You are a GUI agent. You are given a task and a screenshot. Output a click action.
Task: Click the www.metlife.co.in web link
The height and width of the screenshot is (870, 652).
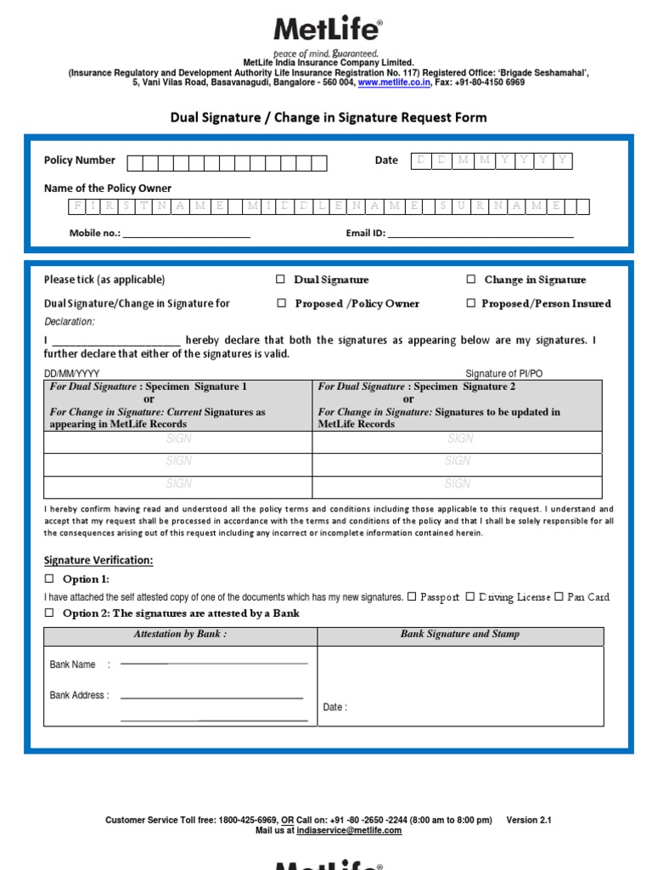tap(394, 83)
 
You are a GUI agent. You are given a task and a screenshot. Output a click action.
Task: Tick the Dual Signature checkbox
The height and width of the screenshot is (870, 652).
tap(281, 280)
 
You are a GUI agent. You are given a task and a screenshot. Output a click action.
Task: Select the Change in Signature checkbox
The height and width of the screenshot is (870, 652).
tap(471, 280)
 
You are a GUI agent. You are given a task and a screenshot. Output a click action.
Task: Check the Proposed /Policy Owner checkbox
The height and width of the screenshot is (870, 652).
tap(281, 303)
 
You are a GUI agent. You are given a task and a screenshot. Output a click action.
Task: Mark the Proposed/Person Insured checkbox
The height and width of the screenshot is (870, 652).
tap(471, 303)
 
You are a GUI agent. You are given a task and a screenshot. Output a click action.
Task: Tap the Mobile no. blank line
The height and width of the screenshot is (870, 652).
tap(187, 233)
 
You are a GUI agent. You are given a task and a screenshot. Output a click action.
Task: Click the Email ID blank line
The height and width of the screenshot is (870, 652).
tap(481, 233)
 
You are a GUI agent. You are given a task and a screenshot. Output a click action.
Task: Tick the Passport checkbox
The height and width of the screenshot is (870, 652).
tap(412, 597)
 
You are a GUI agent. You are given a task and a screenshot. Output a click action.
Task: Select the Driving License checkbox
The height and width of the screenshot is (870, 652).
tap(469, 597)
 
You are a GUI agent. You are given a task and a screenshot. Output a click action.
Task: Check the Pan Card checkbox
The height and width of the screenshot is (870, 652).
tap(559, 597)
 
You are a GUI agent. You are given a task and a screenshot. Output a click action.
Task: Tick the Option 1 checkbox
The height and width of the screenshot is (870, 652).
tap(49, 579)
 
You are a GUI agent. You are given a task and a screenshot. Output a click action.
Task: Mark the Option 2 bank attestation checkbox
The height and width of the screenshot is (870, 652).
tap(49, 613)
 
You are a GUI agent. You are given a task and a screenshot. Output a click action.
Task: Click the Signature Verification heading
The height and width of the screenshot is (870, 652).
tap(98, 561)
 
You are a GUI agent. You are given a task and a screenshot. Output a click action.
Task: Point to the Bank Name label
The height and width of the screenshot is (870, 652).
tap(73, 664)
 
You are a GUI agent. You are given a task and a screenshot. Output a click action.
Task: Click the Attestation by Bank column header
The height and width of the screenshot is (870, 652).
tap(180, 635)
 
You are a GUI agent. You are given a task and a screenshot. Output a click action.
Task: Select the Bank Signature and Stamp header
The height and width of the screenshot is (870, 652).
tap(460, 635)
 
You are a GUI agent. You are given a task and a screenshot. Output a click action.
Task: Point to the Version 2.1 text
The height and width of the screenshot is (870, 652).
tap(529, 821)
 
